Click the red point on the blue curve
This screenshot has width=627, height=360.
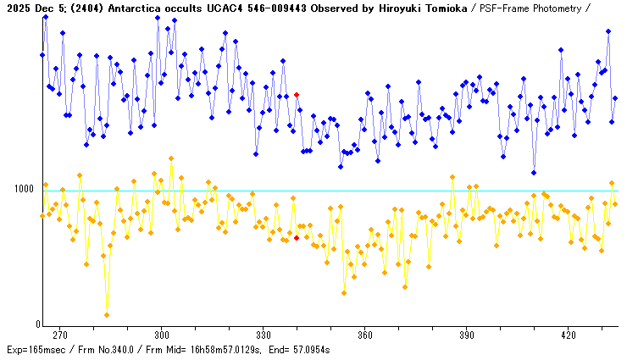click(297, 95)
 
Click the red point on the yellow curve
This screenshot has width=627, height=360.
click(297, 238)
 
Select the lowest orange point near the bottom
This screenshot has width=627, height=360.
click(107, 315)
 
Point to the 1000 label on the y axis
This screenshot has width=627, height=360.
click(24, 188)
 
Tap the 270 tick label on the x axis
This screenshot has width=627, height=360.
click(60, 334)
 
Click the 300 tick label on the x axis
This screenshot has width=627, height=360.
click(162, 334)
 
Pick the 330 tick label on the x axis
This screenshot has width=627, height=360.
click(264, 334)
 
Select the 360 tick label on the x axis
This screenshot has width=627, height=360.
click(365, 334)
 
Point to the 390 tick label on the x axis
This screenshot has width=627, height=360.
click(467, 334)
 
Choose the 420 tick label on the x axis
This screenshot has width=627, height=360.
click(569, 334)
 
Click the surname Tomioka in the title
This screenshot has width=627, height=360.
click(441, 8)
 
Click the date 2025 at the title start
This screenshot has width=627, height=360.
click(19, 8)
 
